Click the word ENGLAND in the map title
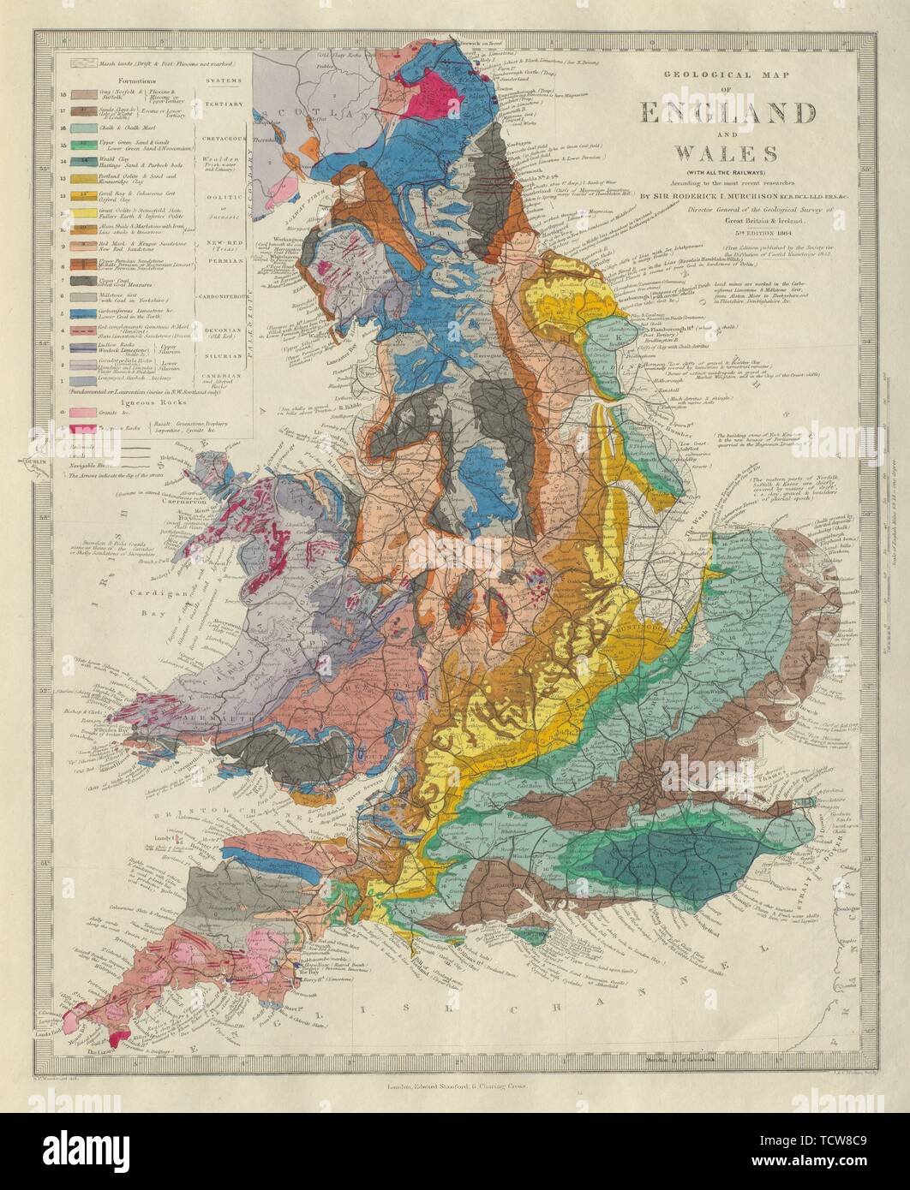tap(725, 113)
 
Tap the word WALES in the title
tap(725, 154)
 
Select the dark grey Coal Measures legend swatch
tap(82, 281)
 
